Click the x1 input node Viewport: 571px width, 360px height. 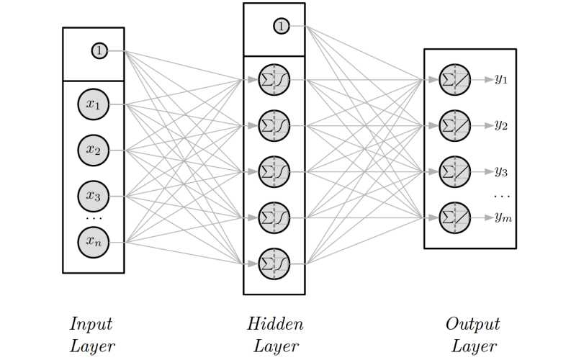(94, 105)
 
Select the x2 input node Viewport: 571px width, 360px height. (94, 150)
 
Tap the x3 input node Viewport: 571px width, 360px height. (94, 196)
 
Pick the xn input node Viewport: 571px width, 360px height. (94, 242)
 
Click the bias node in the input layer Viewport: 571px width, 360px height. (99, 51)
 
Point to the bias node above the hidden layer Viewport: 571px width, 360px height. (281, 27)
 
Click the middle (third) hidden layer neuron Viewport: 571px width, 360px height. (274, 171)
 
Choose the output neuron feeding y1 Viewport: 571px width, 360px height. (455, 80)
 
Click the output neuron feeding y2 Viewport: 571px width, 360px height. (455, 125)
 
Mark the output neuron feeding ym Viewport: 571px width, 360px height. (455, 217)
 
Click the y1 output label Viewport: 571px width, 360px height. (501, 80)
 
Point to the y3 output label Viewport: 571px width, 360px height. (501, 171)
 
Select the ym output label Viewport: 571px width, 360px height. (503, 217)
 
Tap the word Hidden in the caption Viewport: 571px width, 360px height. (275, 324)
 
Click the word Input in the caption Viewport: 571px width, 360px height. (91, 324)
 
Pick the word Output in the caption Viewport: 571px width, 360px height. (472, 324)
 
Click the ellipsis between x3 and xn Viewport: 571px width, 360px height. (94, 218)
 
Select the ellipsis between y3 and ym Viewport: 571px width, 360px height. (502, 195)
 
